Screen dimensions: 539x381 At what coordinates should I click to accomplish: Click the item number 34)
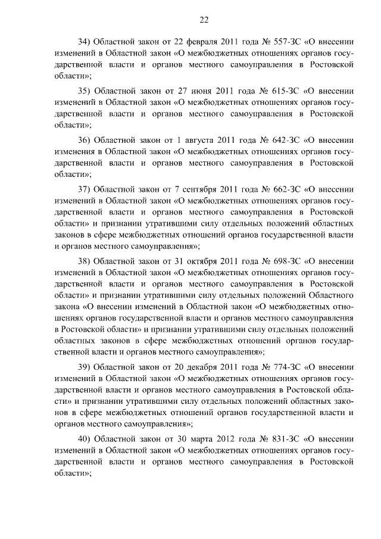(x=85, y=42)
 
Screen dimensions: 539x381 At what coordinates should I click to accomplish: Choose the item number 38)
(x=85, y=261)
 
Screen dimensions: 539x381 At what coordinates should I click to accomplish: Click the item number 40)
(x=85, y=440)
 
